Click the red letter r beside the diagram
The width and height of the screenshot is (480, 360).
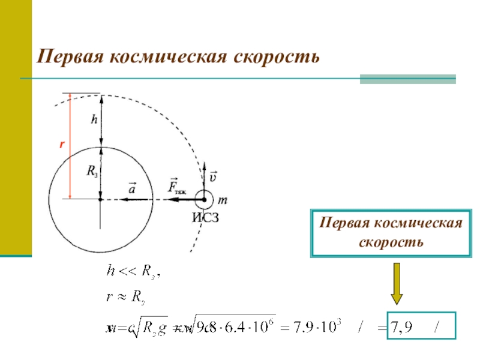point(62,145)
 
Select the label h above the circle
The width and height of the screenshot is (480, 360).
point(94,120)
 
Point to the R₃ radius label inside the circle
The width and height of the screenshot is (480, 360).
point(92,172)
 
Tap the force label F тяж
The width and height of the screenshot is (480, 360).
point(176,187)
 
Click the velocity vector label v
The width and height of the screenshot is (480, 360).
point(214,177)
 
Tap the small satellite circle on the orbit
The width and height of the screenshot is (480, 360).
point(203,199)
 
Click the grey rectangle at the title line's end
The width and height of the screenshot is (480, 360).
point(408,79)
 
